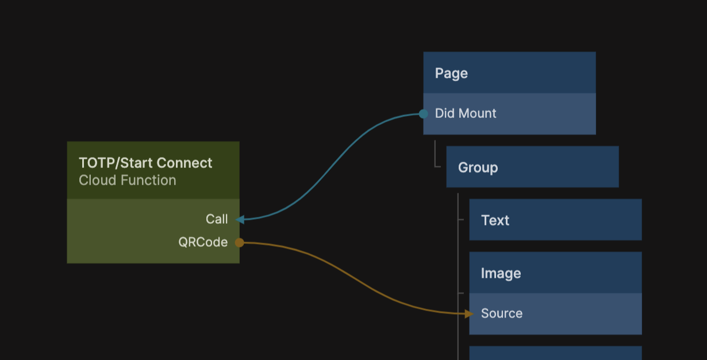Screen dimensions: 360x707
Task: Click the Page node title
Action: (451, 74)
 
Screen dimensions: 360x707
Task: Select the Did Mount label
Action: (466, 113)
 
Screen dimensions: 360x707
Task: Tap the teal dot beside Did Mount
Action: (424, 114)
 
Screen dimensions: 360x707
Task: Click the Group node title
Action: (478, 168)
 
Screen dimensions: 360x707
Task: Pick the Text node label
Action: (495, 220)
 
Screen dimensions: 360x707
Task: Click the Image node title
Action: (501, 273)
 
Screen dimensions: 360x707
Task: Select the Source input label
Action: (502, 313)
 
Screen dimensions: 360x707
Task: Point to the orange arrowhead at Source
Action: (469, 313)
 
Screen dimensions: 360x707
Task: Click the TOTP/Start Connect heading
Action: (145, 163)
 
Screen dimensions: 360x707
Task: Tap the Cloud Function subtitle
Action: (128, 181)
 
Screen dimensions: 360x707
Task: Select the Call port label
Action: (217, 219)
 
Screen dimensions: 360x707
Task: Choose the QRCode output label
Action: (203, 242)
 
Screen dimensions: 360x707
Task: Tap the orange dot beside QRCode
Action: (240, 243)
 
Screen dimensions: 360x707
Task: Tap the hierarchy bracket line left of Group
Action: (436, 155)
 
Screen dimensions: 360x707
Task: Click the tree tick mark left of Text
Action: (460, 220)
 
